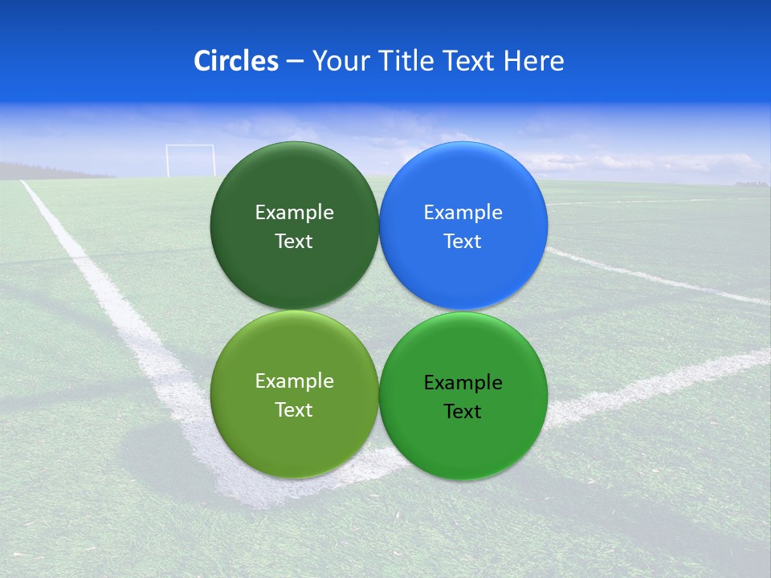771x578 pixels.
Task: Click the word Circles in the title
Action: [x=235, y=61]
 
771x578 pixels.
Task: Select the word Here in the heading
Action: [x=534, y=61]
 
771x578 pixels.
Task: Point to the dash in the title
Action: [x=295, y=62]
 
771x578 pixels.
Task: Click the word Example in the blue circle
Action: [x=463, y=213]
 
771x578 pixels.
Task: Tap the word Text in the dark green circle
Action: [x=294, y=242]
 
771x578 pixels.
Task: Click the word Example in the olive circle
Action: [x=294, y=381]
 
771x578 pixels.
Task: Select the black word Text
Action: [x=463, y=412]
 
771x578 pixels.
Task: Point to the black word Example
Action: [x=463, y=383]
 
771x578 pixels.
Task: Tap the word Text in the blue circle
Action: [x=463, y=242]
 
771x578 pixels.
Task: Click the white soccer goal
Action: [x=190, y=161]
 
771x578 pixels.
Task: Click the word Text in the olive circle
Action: [x=294, y=410]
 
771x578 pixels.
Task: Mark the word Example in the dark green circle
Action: [x=294, y=213]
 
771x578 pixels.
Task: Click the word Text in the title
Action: [x=470, y=61]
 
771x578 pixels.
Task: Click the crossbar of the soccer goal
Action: [x=190, y=146]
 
